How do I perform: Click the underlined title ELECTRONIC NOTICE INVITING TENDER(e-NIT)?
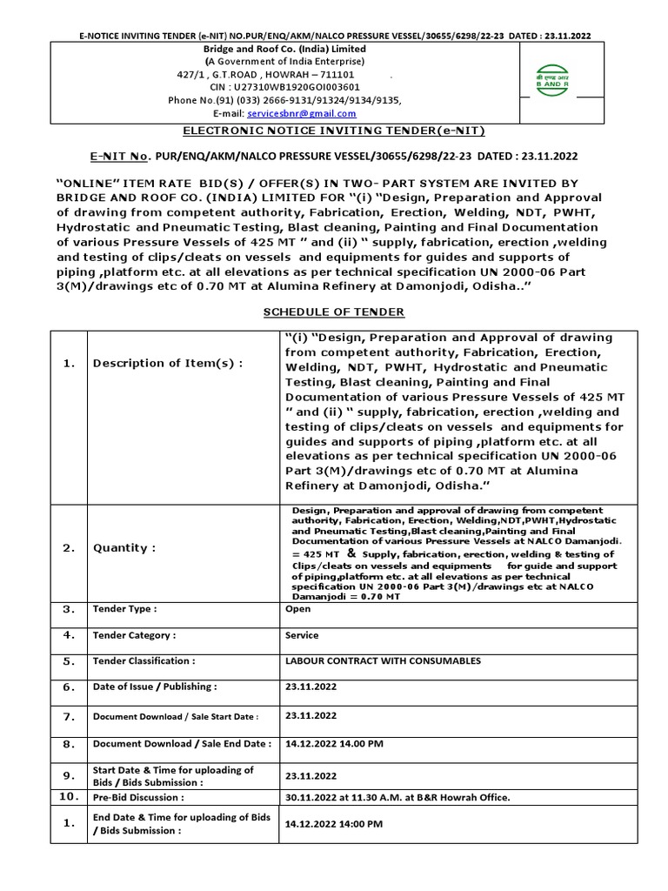tap(333, 131)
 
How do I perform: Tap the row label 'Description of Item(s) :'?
tap(166, 364)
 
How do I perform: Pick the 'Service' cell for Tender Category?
tap(302, 635)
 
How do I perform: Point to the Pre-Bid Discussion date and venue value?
tap(397, 797)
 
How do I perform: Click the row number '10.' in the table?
tap(69, 796)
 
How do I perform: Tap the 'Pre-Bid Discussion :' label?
tap(138, 797)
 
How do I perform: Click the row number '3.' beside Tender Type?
tap(69, 610)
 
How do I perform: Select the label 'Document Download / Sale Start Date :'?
tap(176, 716)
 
